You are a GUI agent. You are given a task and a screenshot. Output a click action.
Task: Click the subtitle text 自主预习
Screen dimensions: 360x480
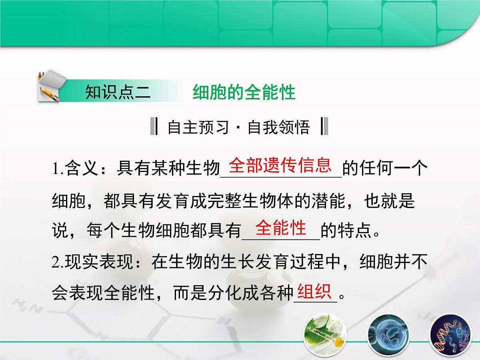pyautogui.click(x=198, y=128)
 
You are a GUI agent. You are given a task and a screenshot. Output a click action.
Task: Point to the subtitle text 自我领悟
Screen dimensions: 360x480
pyautogui.click(x=278, y=128)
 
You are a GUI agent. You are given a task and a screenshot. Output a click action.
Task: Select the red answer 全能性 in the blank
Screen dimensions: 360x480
pyautogui.click(x=281, y=228)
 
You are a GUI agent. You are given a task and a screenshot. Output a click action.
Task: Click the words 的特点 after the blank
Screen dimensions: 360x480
pyautogui.click(x=346, y=232)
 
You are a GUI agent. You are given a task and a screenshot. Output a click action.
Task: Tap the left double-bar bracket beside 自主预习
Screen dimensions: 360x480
pyautogui.click(x=154, y=127)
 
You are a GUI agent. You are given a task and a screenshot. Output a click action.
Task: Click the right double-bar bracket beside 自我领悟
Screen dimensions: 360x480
pyautogui.click(x=324, y=127)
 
